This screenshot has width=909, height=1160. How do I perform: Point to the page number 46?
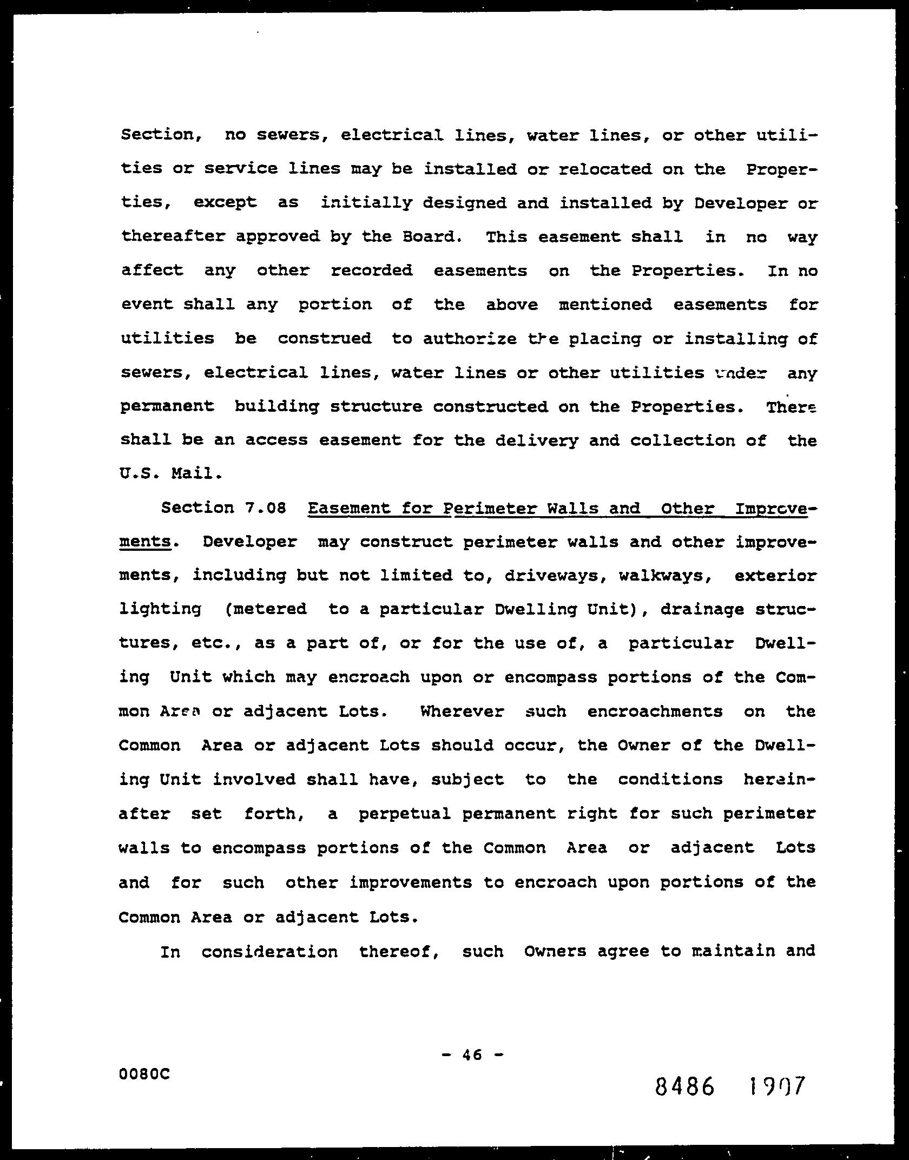pyautogui.click(x=472, y=1054)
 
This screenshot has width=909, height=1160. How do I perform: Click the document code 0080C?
pyautogui.click(x=144, y=1073)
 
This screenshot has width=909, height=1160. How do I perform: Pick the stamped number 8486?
pyautogui.click(x=684, y=1086)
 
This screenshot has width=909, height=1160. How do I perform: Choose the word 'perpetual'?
pyautogui.click(x=405, y=814)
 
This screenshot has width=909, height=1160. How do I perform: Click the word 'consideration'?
pyautogui.click(x=269, y=951)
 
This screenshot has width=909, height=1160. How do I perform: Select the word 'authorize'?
pyautogui.click(x=470, y=339)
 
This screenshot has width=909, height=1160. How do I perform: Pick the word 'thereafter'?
pyautogui.click(x=173, y=237)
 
